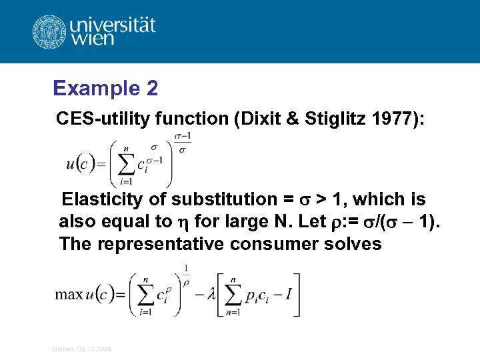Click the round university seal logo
pyautogui.click(x=50, y=31)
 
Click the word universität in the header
pyautogui.click(x=111, y=26)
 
